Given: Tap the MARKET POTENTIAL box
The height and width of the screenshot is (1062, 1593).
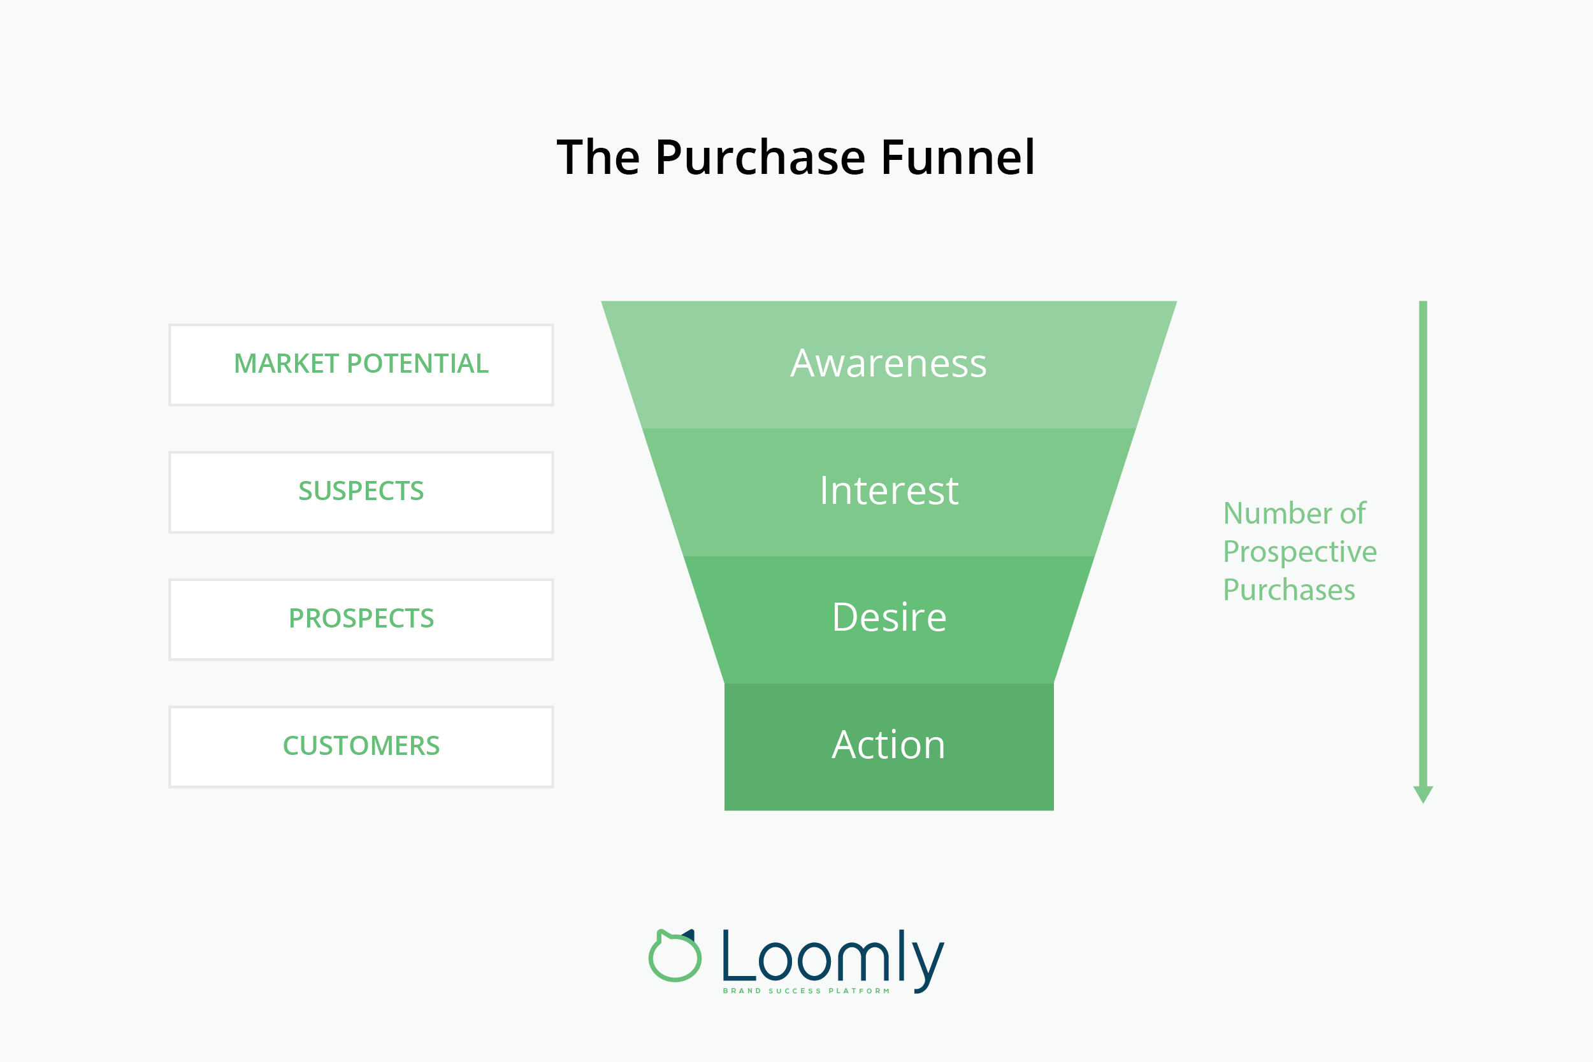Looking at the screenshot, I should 361,364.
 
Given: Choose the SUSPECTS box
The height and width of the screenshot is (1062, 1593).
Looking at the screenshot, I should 361,492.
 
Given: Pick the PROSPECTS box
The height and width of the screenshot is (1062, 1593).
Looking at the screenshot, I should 361,619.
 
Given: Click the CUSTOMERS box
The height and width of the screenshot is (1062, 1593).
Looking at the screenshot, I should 361,747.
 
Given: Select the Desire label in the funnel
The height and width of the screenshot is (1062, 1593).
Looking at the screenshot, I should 889,618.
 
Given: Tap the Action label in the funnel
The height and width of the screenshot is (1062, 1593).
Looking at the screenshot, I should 889,745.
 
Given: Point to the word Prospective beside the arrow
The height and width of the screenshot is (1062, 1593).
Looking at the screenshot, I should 1300,552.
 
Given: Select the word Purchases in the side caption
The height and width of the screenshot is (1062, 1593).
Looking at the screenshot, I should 1289,590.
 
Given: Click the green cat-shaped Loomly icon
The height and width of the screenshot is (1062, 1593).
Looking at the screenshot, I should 675,957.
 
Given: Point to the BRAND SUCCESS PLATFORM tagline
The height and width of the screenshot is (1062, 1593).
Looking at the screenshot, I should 806,991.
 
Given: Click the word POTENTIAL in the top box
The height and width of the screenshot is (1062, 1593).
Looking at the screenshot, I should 417,364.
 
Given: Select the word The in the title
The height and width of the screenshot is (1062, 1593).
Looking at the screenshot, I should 598,158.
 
